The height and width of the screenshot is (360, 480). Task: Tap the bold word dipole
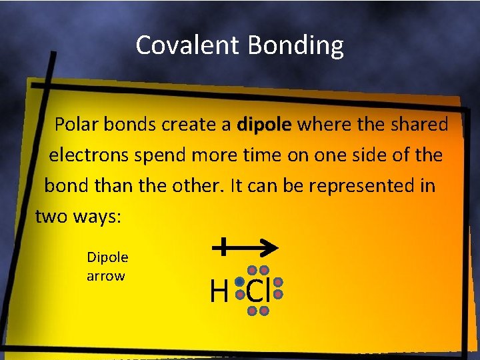265,125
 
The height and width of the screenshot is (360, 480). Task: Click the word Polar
76,125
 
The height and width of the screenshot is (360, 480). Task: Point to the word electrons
89,155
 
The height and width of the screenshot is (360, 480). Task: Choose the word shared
418,125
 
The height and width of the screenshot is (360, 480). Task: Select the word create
201,125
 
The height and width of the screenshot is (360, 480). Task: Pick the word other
200,185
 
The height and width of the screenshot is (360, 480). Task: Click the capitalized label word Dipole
107,257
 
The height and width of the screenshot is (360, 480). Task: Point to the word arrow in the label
105,275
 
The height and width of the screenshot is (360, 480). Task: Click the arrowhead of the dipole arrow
271,247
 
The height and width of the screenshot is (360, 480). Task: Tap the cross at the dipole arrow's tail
223,247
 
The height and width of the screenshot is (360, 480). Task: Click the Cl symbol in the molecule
258,291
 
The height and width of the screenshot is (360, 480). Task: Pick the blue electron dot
239,282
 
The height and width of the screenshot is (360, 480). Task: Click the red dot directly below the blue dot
239,294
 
